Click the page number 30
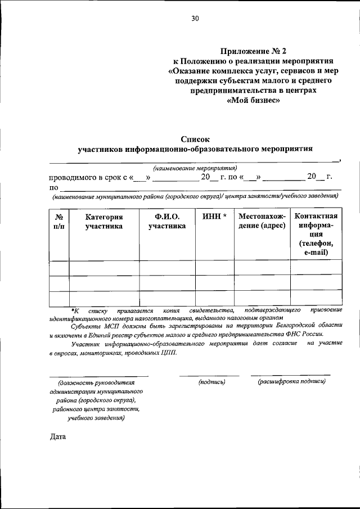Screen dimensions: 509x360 [x=195, y=19]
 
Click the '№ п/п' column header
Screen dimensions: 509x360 [x=58, y=222]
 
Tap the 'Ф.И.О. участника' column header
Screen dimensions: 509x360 [x=166, y=222]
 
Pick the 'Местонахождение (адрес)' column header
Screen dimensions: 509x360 [x=262, y=222]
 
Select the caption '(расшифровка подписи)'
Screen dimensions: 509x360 [x=291, y=382]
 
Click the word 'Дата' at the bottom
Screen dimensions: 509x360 [x=57, y=436]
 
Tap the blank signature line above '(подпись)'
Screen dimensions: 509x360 [x=209, y=375]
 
